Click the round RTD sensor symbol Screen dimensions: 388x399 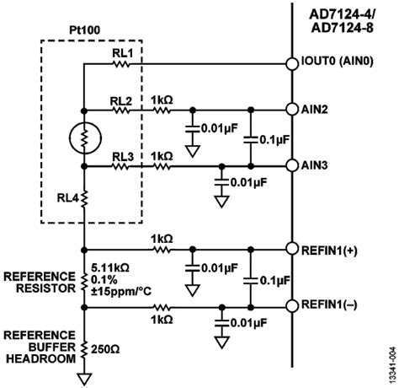84,138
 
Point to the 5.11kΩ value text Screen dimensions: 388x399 41,261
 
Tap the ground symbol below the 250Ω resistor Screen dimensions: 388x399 84,376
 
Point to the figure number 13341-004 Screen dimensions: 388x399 391,358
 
